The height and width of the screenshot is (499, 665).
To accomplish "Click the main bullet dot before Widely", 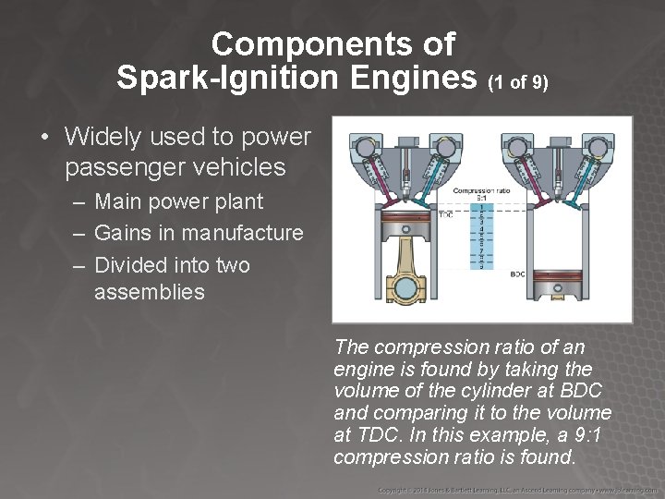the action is (x=44, y=138).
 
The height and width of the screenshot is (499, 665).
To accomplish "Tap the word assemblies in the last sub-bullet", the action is (x=150, y=292).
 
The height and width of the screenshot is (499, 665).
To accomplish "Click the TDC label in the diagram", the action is (x=445, y=215).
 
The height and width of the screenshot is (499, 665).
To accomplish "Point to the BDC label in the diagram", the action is (x=518, y=274).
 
